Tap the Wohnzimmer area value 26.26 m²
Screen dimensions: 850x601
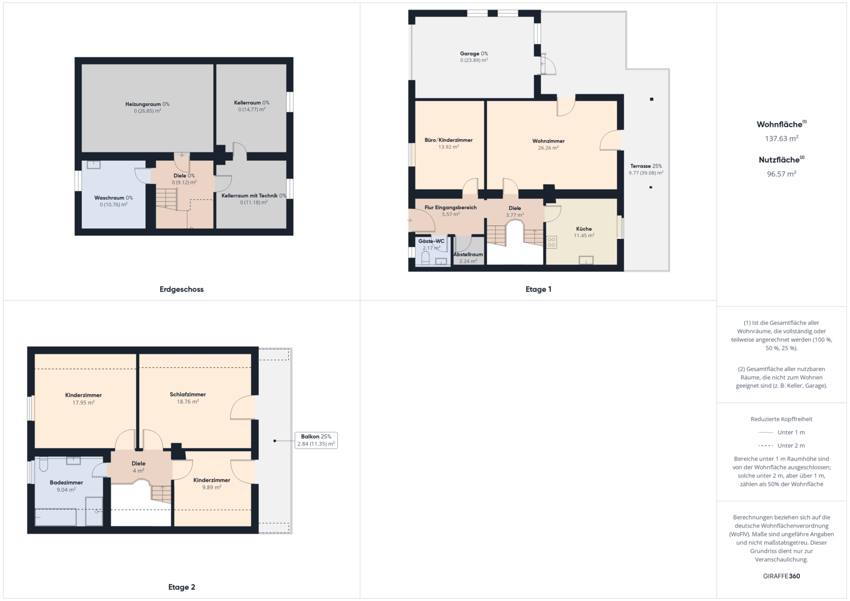coord(548,148)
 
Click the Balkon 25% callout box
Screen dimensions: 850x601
coord(316,440)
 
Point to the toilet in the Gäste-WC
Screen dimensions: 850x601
coord(425,258)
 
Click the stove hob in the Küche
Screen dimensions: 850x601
coord(552,243)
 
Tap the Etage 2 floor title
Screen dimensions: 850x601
coord(182,587)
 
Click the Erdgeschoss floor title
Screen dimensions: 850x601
coord(182,289)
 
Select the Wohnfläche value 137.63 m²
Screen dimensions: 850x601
coord(782,139)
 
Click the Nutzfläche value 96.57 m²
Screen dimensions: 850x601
coord(782,174)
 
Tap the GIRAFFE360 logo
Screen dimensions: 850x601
coord(782,576)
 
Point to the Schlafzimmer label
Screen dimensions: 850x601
coord(188,394)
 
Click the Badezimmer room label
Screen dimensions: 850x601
coord(66,482)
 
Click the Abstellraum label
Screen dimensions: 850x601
coord(468,254)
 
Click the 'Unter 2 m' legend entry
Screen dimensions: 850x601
coord(782,445)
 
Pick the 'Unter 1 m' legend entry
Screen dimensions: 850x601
coord(782,432)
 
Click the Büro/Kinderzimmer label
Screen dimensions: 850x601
coord(449,140)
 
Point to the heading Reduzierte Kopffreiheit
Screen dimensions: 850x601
coord(782,419)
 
